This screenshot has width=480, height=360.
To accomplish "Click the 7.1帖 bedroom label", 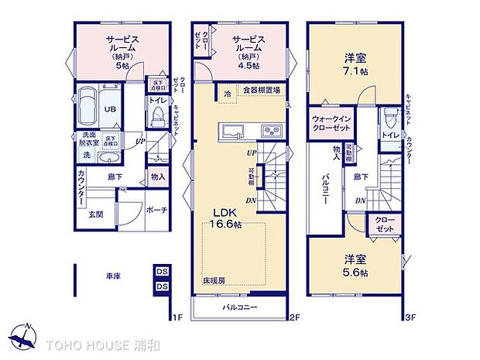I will click(355, 63).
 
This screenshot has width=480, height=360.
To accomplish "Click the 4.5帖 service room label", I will click(247, 51).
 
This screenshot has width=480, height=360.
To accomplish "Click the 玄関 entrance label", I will click(95, 214).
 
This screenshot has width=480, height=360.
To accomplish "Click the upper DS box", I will click(162, 273).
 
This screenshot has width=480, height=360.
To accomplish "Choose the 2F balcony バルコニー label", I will click(240, 307).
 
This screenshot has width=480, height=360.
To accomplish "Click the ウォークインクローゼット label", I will click(332, 123).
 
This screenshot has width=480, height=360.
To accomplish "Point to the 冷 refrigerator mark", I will click(227, 93).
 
